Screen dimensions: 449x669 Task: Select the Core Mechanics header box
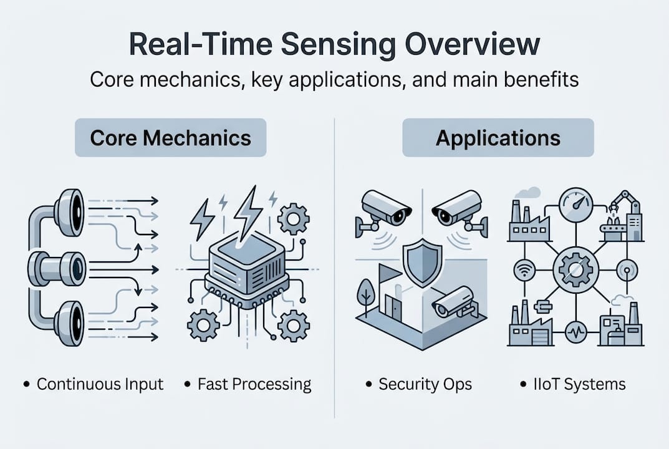[170, 138]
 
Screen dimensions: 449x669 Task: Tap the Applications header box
[498, 137]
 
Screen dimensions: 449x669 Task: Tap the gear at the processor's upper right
[292, 219]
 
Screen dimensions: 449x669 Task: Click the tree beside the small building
[365, 294]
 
